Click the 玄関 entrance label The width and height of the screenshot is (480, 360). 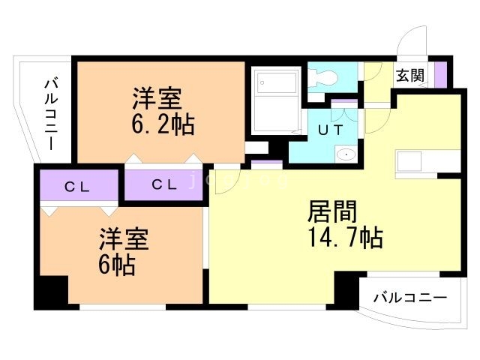tap(409, 75)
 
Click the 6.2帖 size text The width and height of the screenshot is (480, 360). tap(163, 124)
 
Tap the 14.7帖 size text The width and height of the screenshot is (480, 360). tap(345, 238)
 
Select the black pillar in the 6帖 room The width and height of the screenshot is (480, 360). tap(50, 290)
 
